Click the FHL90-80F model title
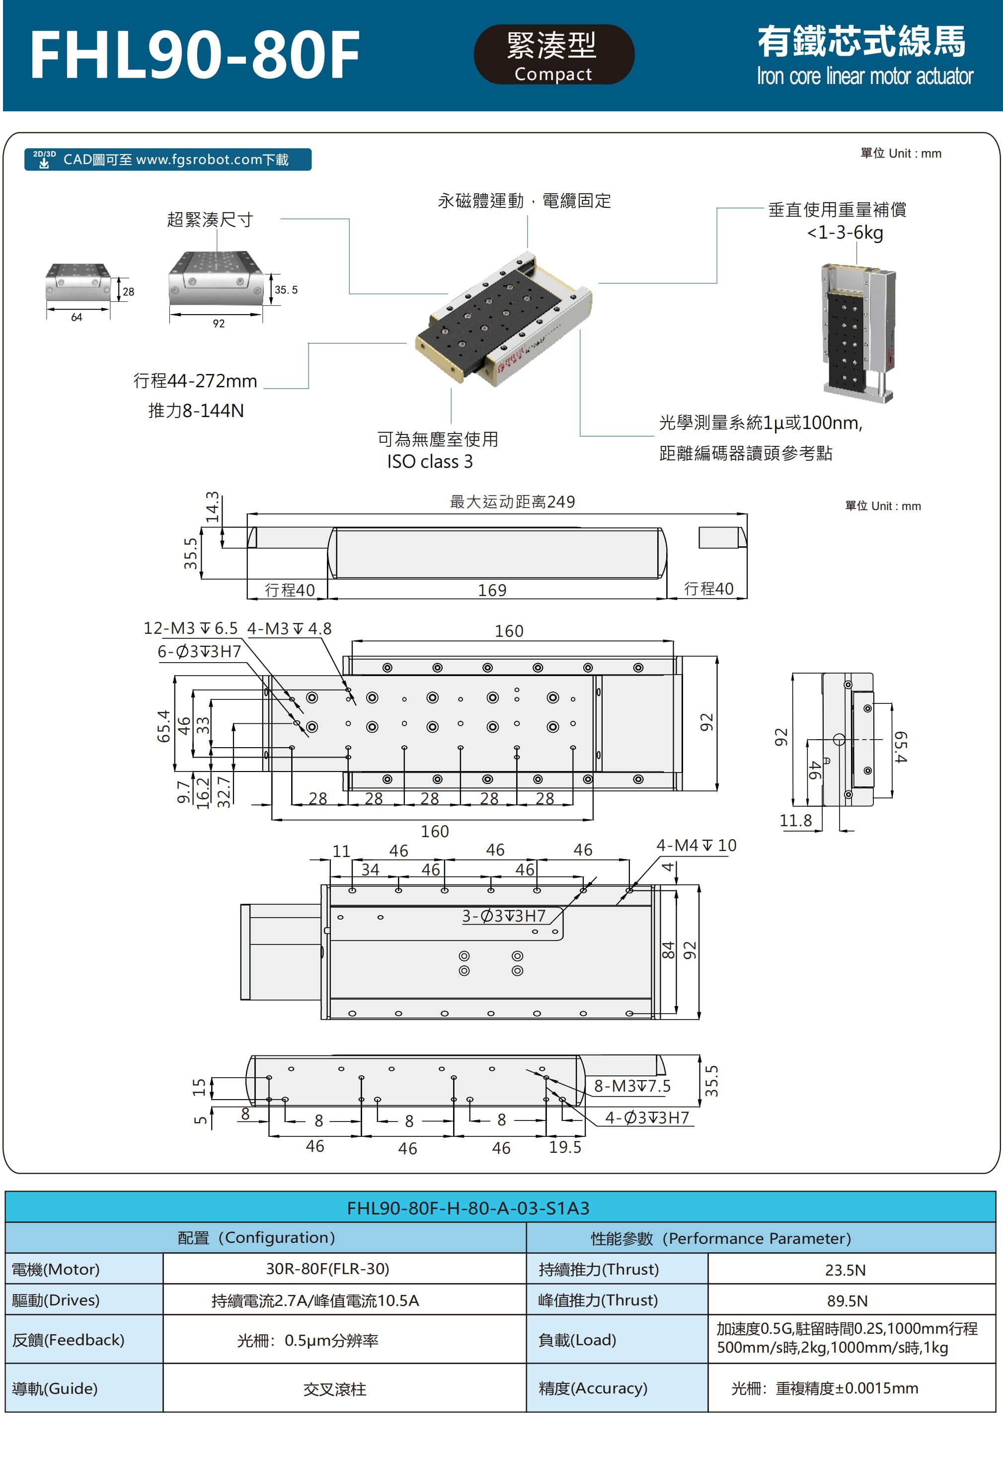[x=195, y=56]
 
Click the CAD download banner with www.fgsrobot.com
[x=167, y=160]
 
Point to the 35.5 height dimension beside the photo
[x=285, y=290]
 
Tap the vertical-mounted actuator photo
[x=858, y=332]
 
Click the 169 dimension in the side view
[x=492, y=590]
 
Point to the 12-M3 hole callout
[x=190, y=628]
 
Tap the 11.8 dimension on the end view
[x=795, y=820]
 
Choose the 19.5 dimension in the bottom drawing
[x=565, y=1147]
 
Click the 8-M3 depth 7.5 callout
[x=632, y=1086]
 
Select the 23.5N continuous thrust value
[x=845, y=1270]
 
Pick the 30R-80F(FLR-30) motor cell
[x=327, y=1269]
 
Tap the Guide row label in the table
[x=55, y=1388]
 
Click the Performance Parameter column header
[x=720, y=1238]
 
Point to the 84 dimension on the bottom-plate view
[x=667, y=950]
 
